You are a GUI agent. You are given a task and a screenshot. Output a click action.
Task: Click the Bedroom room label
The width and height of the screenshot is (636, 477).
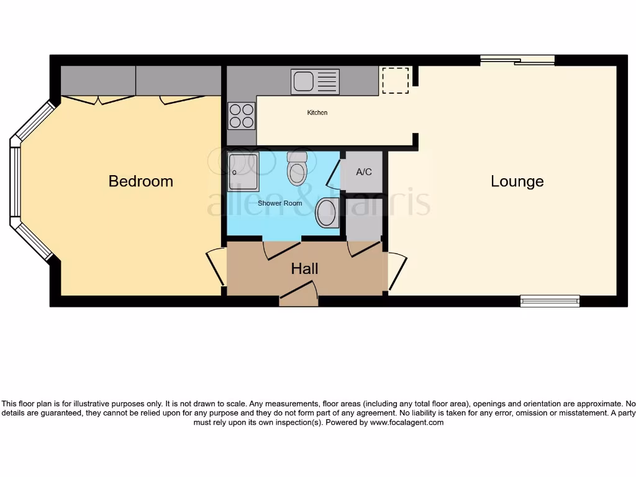coord(140,181)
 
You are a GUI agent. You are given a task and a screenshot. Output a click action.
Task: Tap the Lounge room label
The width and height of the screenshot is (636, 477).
coord(517,181)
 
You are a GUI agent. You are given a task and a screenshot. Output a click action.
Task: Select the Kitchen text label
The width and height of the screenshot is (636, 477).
coord(317,113)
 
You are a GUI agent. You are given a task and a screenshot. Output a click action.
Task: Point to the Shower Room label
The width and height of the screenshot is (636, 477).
coord(280,203)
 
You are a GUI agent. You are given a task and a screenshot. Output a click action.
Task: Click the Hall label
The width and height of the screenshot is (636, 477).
coord(304,268)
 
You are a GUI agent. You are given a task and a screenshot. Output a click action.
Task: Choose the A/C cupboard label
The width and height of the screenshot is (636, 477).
coord(364,171)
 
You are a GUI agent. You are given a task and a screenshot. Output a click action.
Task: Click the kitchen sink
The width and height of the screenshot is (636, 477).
coord(315,81)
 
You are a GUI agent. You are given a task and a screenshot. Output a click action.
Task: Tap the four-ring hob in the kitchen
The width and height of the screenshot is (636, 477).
coord(242,115)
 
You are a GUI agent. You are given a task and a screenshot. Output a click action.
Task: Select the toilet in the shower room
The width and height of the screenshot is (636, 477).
coord(298,169)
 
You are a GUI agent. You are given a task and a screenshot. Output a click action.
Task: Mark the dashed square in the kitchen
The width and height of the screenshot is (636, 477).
coord(396,80)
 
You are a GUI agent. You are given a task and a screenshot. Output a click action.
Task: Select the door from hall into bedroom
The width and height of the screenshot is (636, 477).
coord(217,266)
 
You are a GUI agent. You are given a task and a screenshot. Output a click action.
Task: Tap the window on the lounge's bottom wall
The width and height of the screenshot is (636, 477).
coord(550,301)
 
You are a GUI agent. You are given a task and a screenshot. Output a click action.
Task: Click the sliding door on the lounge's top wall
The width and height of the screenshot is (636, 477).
coord(517,60)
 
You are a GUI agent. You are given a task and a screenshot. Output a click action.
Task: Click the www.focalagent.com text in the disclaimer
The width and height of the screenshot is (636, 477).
coord(407,422)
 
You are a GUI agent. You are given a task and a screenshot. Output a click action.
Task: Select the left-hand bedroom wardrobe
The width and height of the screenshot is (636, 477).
coord(98,81)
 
